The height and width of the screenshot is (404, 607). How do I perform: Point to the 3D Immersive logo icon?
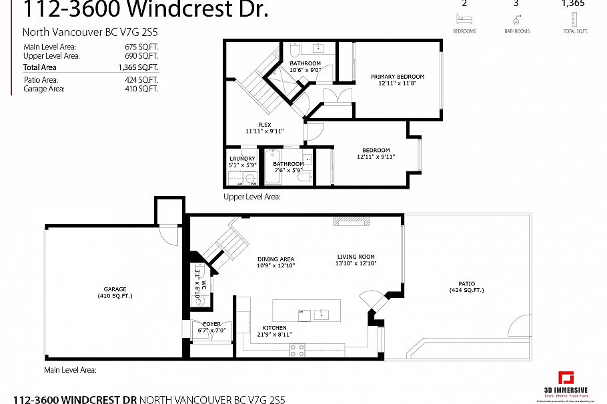pos(566,379)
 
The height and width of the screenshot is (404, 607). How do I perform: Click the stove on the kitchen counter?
pos(297,348)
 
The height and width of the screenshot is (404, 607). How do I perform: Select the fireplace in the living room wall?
pos(351,221)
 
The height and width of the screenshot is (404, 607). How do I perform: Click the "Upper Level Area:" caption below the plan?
pos(251,197)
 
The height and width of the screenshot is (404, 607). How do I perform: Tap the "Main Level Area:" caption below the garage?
pos(70,369)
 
